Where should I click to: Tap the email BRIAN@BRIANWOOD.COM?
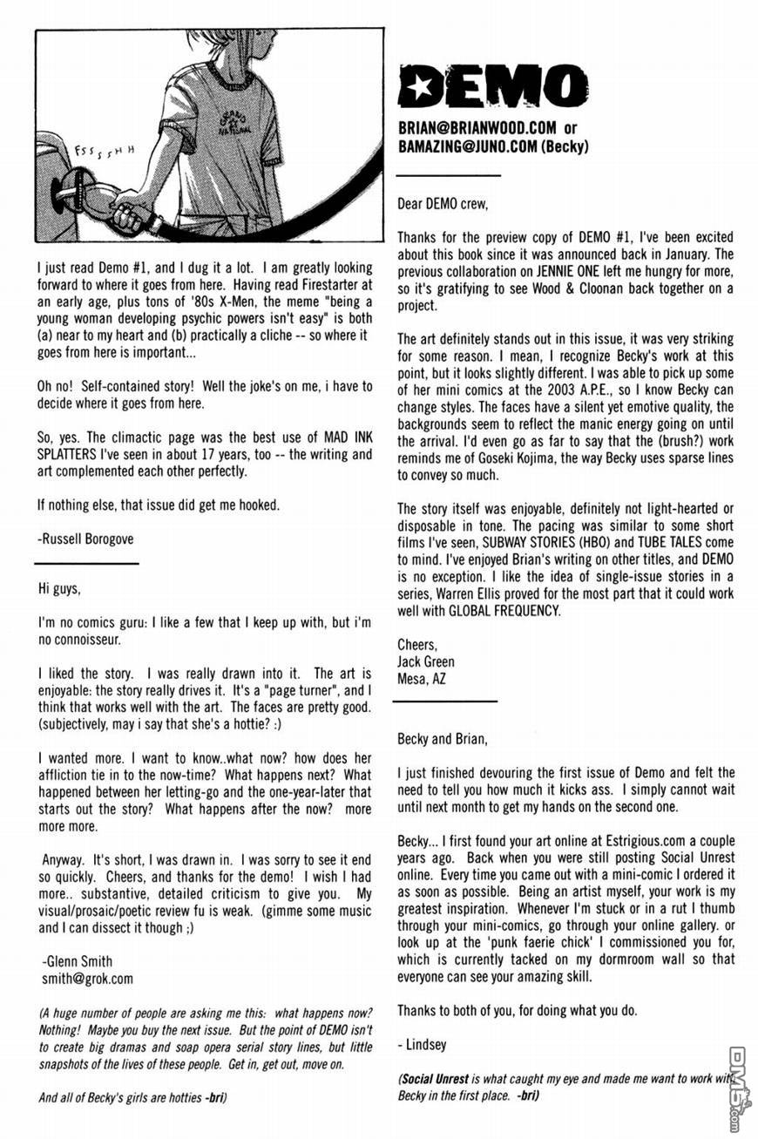click(x=472, y=128)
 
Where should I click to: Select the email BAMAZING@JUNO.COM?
click(x=467, y=146)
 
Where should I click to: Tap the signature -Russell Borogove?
click(x=86, y=539)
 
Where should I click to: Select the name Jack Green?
click(x=426, y=661)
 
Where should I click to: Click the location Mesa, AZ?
click(x=422, y=679)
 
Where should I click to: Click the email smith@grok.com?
click(x=87, y=978)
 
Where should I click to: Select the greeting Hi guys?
click(x=59, y=588)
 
